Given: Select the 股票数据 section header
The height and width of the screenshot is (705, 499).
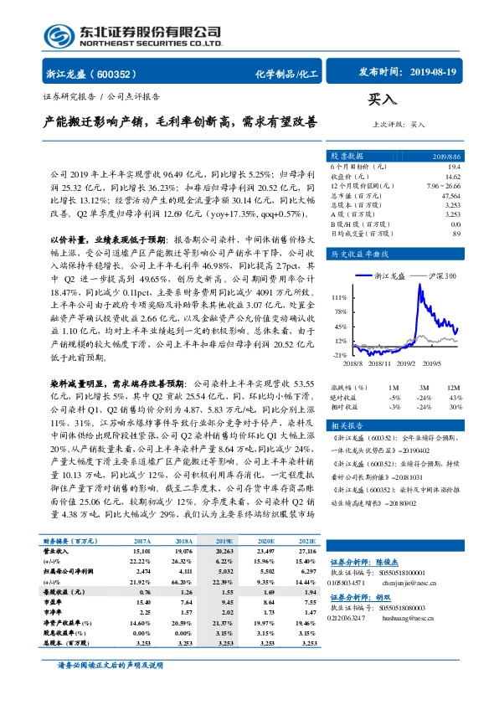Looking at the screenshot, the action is (347, 156).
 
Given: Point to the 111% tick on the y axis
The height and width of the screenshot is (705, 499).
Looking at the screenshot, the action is (339, 297).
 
